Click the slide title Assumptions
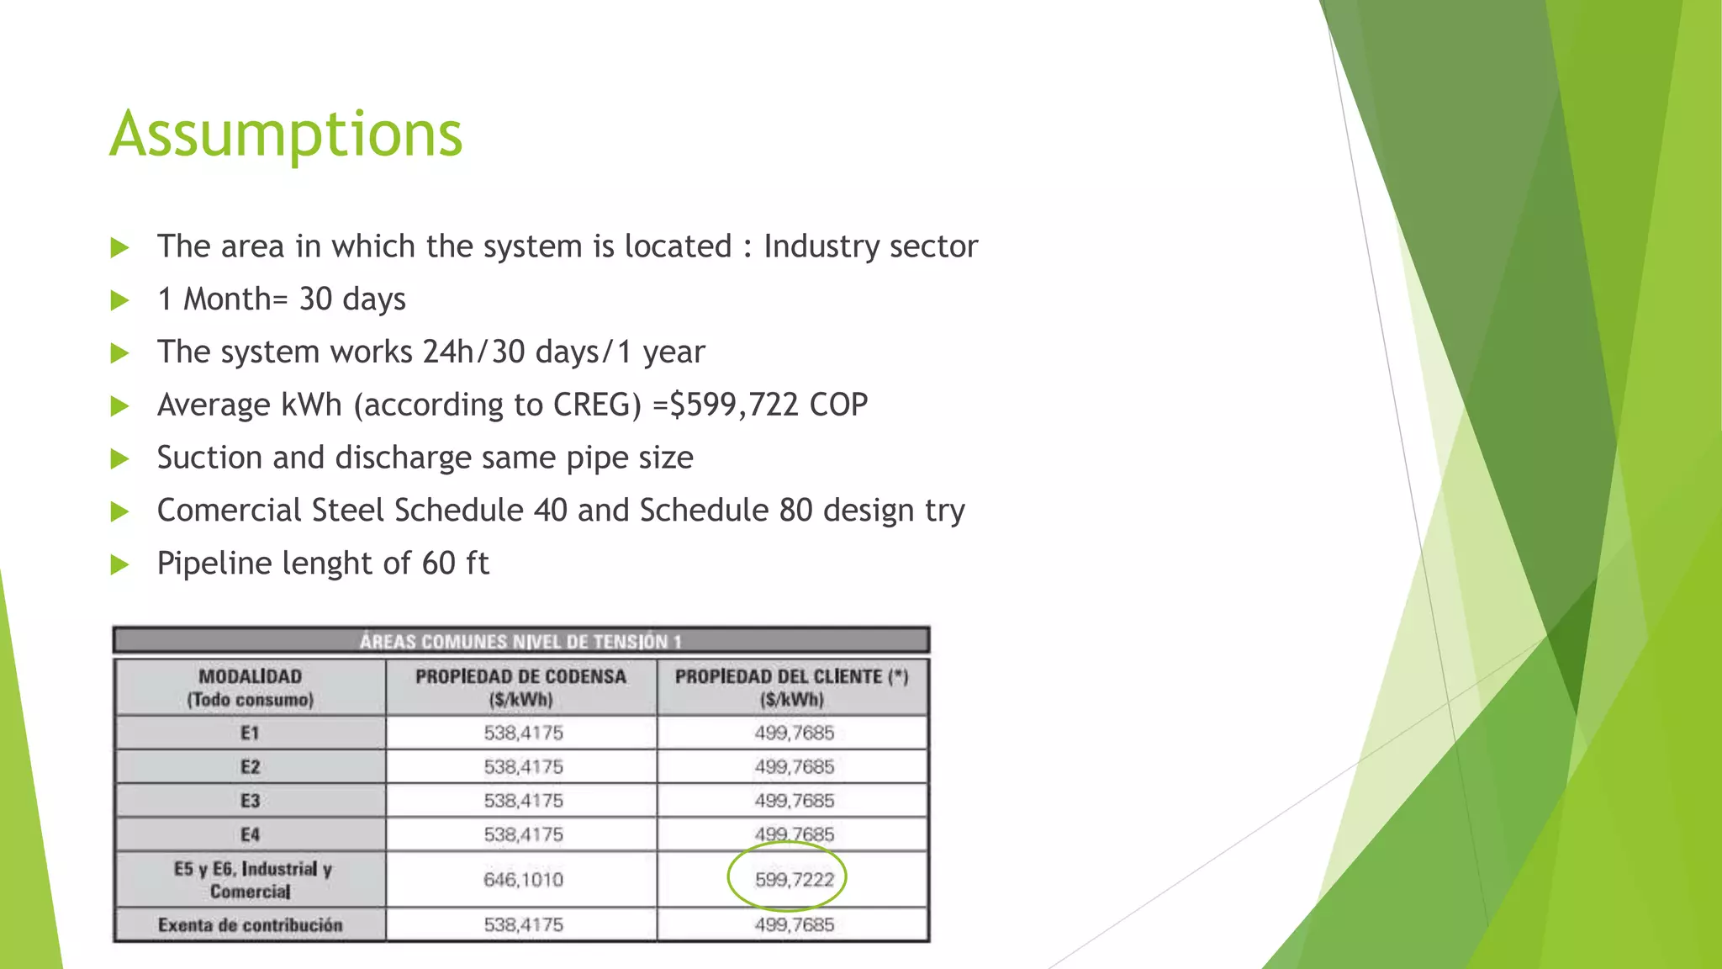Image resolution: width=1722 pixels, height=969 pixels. click(286, 135)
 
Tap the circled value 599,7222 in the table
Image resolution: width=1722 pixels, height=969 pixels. click(794, 880)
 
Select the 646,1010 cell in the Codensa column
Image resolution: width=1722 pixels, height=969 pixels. click(523, 880)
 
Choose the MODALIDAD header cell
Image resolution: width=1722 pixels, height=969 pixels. click(250, 687)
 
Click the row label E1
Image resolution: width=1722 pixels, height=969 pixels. click(250, 733)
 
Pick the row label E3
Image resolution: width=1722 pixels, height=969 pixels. click(250, 801)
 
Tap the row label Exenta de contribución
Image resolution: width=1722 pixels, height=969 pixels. click(250, 925)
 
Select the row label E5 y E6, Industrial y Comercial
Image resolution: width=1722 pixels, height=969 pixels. click(251, 880)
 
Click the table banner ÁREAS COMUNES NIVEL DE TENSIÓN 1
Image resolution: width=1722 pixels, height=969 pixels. click(520, 642)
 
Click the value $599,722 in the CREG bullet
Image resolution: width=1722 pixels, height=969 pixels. click(733, 405)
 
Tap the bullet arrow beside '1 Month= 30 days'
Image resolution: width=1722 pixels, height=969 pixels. click(120, 300)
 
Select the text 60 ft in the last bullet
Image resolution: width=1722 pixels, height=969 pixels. click(455, 564)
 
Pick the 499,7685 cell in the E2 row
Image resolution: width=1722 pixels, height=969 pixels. click(794, 767)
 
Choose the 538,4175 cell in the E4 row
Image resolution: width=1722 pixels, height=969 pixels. click(523, 835)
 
